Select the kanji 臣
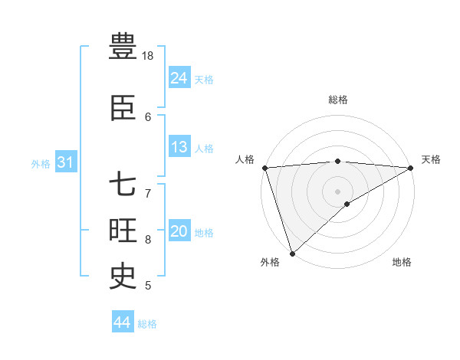point(123,109)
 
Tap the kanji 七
point(123,185)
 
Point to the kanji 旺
point(123,231)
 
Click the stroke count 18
point(148,56)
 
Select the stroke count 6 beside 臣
point(148,116)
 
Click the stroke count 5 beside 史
point(148,286)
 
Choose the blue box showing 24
point(179,77)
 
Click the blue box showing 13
point(179,147)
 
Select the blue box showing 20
point(179,231)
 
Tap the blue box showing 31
point(65,162)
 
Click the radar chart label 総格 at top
point(338,100)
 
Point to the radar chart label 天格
point(431,159)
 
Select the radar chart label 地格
point(402,262)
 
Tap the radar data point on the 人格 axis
point(264,168)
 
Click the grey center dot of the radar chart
point(337,191)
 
